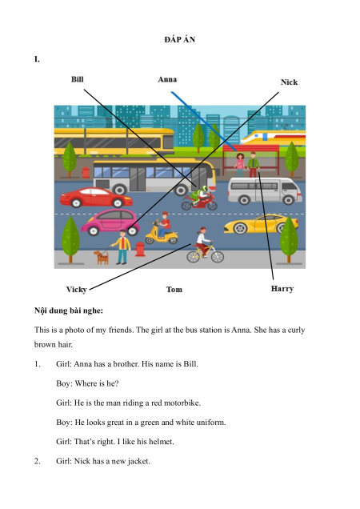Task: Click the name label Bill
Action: [x=78, y=79]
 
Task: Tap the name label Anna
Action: [x=167, y=79]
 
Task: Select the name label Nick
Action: [x=289, y=82]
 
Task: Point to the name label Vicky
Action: [x=76, y=289]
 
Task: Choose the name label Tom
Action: [x=174, y=289]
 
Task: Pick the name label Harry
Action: [x=282, y=289]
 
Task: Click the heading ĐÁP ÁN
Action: [x=179, y=39]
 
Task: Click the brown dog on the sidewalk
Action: [x=102, y=257]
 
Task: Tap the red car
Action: [x=96, y=198]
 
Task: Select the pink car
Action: [x=110, y=222]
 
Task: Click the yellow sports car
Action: [x=261, y=223]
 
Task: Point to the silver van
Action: [x=265, y=190]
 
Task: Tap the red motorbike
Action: [x=199, y=202]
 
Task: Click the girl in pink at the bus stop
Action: [x=239, y=165]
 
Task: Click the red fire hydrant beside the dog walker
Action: [x=140, y=250]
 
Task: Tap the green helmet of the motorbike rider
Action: [x=204, y=189]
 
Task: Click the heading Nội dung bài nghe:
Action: [x=69, y=311]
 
